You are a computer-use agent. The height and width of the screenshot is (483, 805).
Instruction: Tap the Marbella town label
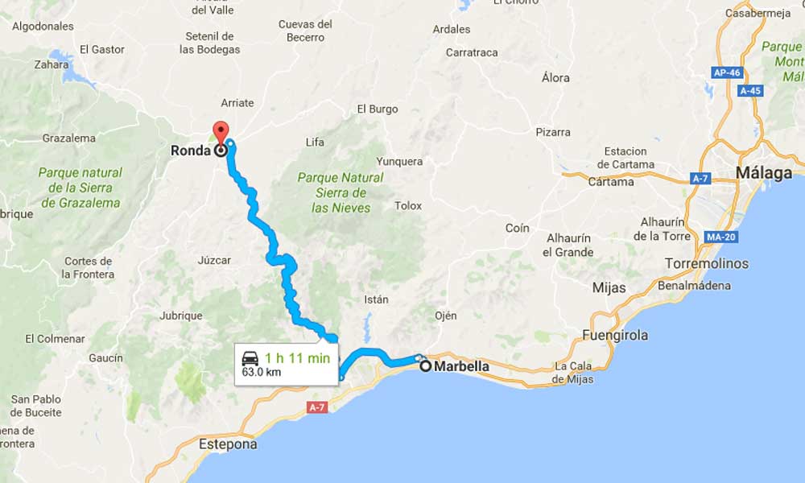click(x=461, y=366)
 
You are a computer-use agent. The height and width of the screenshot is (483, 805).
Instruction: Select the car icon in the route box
click(x=250, y=358)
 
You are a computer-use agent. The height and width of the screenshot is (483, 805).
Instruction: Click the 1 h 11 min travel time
click(x=297, y=358)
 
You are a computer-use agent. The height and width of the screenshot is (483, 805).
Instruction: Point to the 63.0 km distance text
click(x=261, y=373)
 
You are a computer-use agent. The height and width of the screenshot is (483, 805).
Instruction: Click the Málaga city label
click(x=763, y=173)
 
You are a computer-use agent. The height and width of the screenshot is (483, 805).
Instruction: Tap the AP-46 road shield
click(x=726, y=72)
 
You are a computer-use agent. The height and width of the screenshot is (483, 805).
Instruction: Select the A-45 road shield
click(x=750, y=90)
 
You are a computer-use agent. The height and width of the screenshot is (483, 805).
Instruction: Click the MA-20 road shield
click(x=700, y=237)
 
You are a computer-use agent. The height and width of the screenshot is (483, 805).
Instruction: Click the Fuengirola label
click(x=616, y=335)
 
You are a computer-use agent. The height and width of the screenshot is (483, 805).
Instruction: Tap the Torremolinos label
click(x=707, y=264)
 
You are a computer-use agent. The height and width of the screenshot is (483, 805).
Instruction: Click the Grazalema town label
click(x=68, y=138)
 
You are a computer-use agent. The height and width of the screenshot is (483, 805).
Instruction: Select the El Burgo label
click(x=378, y=109)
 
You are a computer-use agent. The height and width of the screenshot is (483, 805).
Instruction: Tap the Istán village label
click(x=376, y=299)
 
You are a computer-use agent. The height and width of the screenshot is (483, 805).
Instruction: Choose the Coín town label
click(x=517, y=228)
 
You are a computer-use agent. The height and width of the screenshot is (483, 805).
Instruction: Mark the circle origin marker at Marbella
click(x=426, y=366)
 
